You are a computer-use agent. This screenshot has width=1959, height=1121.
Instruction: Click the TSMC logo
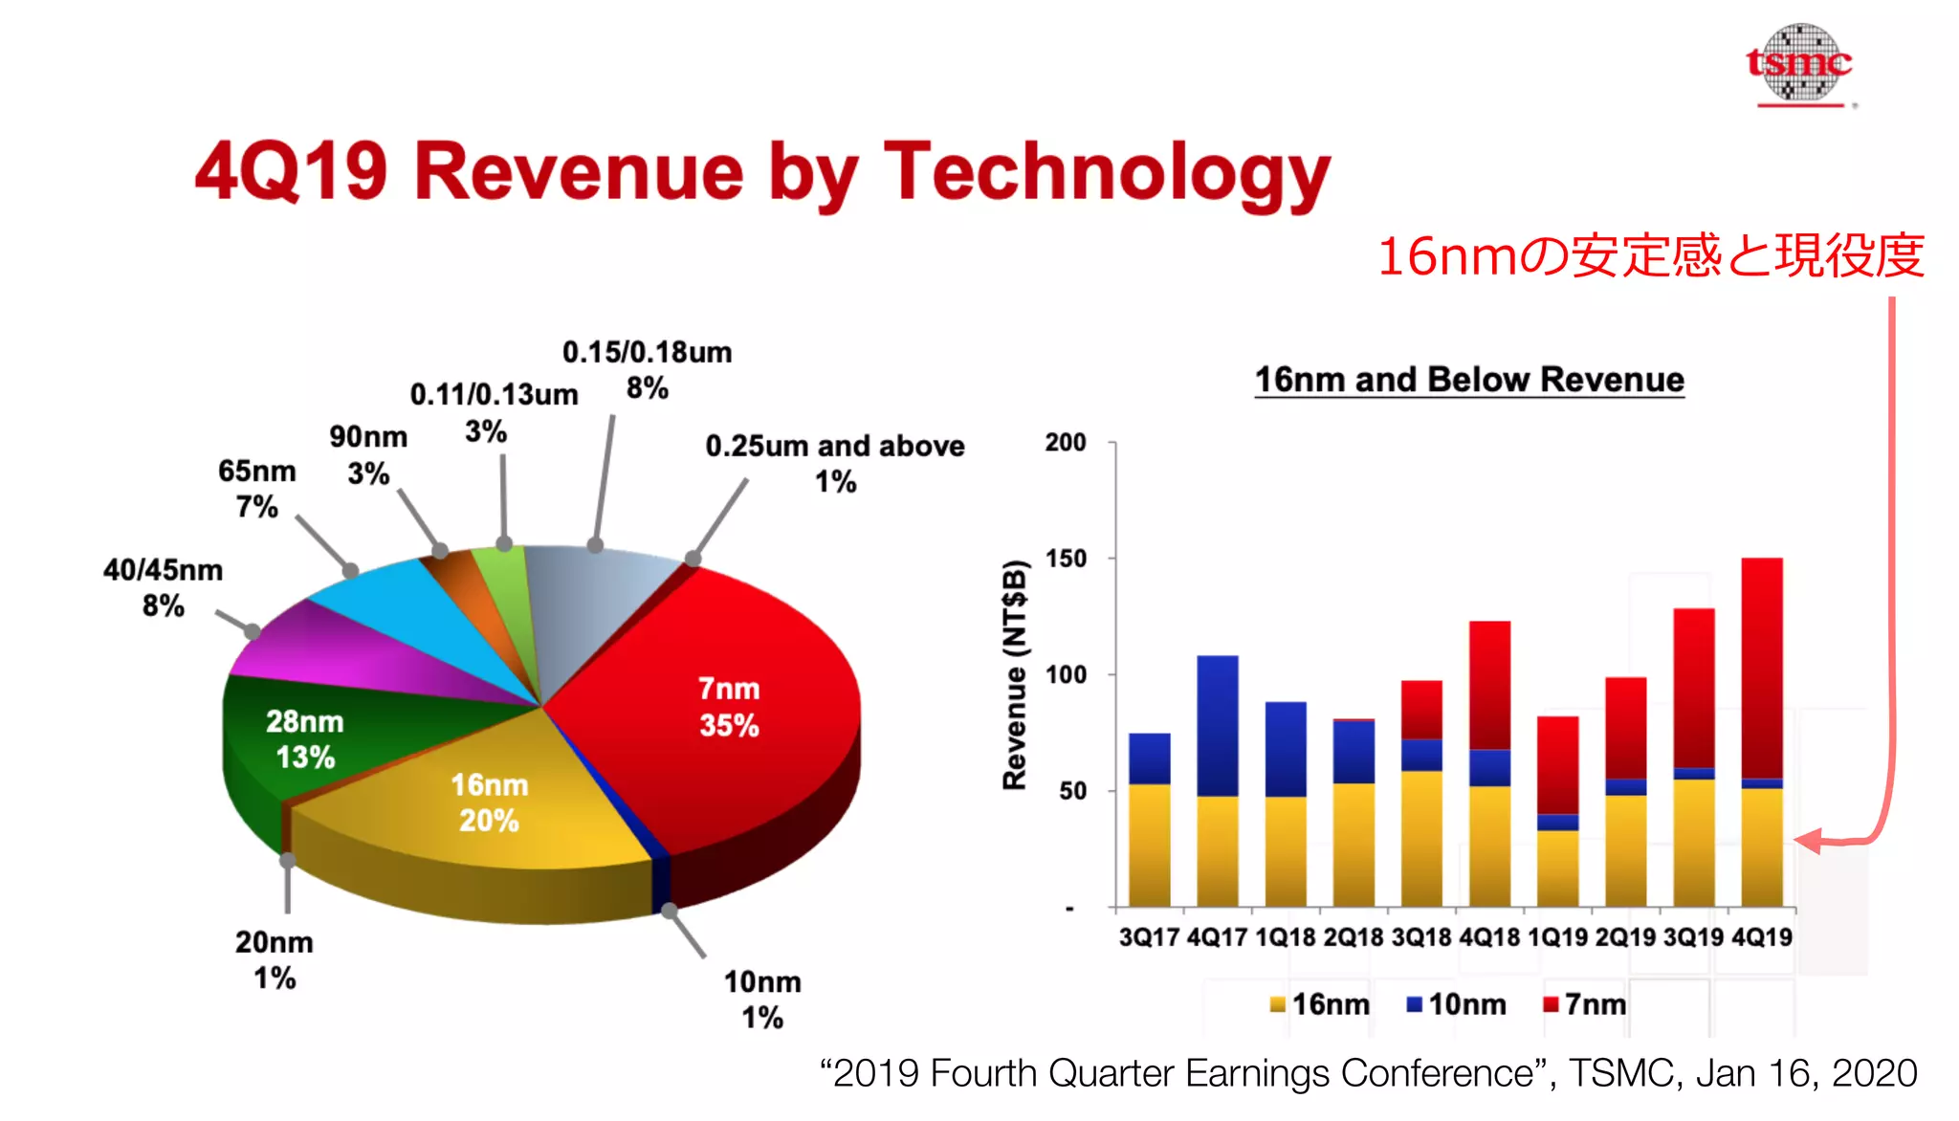tap(1799, 64)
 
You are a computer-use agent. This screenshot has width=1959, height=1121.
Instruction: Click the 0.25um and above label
tap(834, 463)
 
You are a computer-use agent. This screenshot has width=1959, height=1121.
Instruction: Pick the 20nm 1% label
tap(275, 959)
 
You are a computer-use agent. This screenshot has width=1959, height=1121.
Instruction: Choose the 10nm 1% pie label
tap(762, 1000)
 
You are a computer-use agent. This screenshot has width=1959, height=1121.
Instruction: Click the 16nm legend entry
tap(1320, 1004)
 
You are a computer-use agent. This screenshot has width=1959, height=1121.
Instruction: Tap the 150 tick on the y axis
tap(1066, 559)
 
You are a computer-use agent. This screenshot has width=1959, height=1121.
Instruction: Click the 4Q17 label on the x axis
tap(1217, 937)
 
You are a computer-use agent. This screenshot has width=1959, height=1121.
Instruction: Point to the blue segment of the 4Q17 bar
tap(1217, 725)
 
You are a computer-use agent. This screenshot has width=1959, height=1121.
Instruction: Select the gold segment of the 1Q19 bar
tap(1557, 868)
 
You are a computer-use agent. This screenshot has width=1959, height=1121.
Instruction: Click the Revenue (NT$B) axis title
tap(1014, 675)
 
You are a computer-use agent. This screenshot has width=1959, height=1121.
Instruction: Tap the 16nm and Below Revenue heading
tap(1469, 380)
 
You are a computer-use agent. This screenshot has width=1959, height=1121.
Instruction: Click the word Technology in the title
tap(1107, 172)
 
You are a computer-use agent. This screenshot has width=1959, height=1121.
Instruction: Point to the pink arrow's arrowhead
tap(1806, 842)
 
